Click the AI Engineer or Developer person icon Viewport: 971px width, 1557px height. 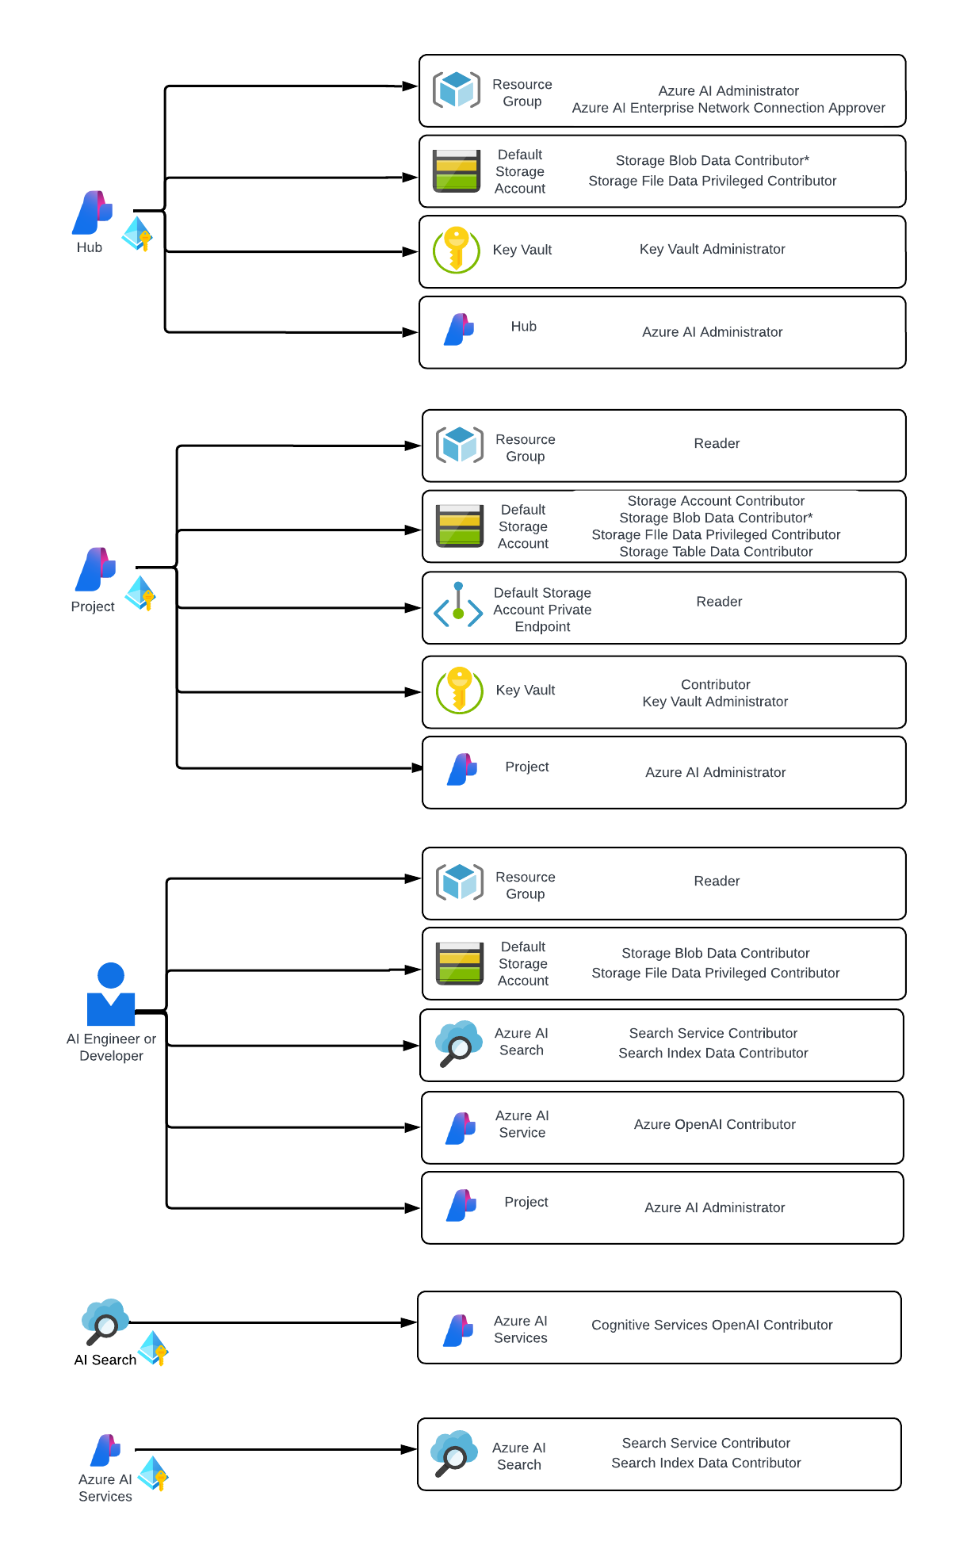click(x=111, y=994)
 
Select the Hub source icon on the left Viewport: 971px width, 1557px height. click(x=93, y=212)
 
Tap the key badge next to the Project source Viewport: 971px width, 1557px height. click(x=141, y=593)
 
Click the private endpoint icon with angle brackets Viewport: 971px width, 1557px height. click(x=458, y=606)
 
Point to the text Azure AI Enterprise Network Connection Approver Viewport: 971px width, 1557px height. click(x=728, y=108)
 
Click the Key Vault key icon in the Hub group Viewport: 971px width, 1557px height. click(x=457, y=250)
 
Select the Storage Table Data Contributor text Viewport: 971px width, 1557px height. click(x=716, y=552)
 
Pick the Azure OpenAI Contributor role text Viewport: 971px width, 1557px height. click(x=714, y=1124)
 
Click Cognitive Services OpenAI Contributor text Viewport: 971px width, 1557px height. click(x=712, y=1325)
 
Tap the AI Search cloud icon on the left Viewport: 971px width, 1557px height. click(x=105, y=1321)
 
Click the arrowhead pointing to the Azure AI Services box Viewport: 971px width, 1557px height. click(x=410, y=1322)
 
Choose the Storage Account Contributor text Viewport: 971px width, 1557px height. click(x=716, y=501)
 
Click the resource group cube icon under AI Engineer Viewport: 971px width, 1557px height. click(x=460, y=882)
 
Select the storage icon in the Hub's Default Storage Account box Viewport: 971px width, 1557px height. click(x=457, y=171)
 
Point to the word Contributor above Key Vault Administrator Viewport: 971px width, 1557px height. click(x=715, y=684)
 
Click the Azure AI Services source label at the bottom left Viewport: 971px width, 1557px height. click(x=105, y=1487)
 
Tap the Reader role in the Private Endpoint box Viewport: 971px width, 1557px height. click(x=719, y=602)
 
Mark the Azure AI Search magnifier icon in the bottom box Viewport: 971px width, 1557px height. click(x=453, y=1453)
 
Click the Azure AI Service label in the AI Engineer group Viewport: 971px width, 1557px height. click(x=522, y=1124)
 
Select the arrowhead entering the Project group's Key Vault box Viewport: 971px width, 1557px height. click(x=413, y=692)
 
